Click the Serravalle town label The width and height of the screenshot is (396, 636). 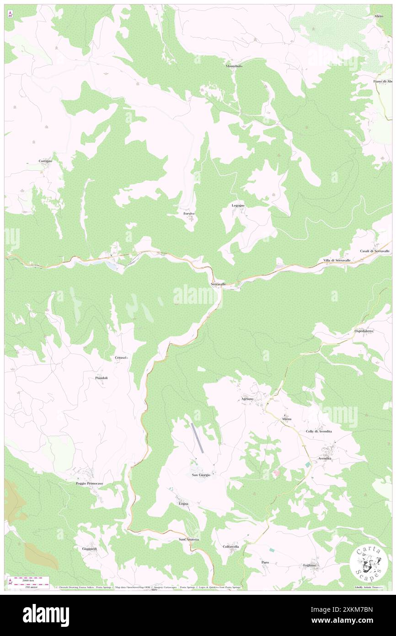[218, 284]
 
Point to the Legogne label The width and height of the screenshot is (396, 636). [238, 205]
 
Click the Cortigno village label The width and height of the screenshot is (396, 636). [45, 161]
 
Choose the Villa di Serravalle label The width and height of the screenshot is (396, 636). [337, 260]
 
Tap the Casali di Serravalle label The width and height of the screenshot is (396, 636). [375, 251]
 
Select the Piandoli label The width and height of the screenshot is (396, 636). [101, 377]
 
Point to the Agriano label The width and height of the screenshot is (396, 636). [247, 399]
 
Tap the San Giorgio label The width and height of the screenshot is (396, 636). [201, 475]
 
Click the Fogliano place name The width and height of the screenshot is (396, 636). [309, 565]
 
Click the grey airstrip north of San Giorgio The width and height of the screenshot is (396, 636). [197, 438]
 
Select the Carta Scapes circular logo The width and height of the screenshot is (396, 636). [369, 563]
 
